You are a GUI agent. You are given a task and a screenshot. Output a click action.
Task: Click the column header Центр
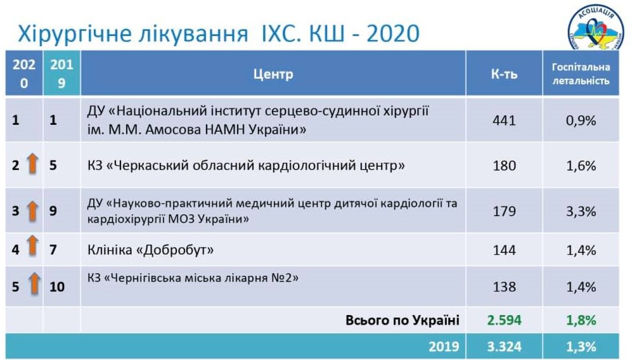(273, 74)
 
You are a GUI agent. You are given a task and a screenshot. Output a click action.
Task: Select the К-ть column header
(504, 74)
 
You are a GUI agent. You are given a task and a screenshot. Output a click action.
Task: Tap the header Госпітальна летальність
(581, 74)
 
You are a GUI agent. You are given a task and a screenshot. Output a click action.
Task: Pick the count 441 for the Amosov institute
(504, 120)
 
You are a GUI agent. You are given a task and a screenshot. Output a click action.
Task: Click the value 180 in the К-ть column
(504, 165)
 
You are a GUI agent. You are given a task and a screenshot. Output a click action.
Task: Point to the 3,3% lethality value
(581, 211)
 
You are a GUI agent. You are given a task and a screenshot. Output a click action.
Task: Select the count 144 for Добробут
(504, 250)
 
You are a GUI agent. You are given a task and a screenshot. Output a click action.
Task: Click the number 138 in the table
(504, 286)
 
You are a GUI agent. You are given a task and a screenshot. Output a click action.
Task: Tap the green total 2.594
(504, 320)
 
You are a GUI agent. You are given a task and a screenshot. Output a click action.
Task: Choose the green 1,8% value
(581, 320)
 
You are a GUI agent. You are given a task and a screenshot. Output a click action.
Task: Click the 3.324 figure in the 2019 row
(504, 347)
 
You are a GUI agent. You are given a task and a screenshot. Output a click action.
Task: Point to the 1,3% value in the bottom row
(581, 347)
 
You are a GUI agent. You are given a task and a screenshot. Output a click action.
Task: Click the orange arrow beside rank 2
(33, 164)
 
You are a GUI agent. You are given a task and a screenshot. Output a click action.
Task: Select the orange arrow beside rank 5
(35, 283)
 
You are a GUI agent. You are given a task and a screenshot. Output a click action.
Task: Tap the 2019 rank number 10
(57, 286)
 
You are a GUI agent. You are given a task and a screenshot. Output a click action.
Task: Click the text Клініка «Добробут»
(150, 250)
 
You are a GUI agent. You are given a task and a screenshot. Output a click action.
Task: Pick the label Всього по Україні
(403, 320)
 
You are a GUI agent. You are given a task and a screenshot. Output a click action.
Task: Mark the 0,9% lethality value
(581, 120)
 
